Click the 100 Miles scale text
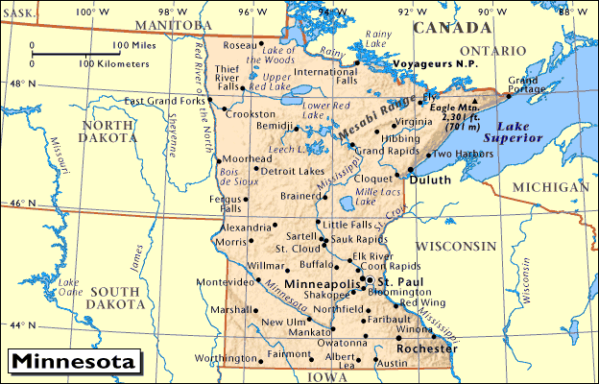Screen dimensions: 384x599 (x=135, y=45)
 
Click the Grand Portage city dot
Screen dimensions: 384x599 (x=508, y=96)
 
